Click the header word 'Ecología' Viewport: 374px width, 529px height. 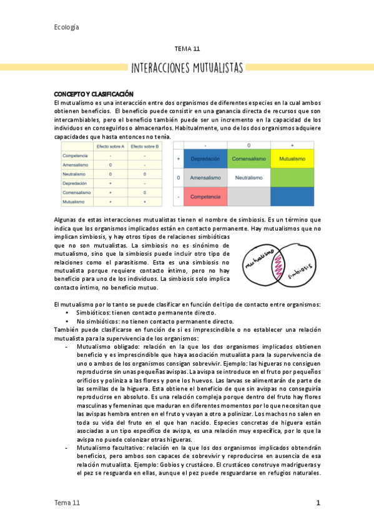67,27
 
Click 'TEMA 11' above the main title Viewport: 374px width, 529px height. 187,48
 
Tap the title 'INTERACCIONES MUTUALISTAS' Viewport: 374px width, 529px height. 187,67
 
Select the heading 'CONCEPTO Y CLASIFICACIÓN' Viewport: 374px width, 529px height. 94,94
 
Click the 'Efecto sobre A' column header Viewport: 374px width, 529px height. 110,146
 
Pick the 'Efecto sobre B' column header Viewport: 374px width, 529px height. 144,146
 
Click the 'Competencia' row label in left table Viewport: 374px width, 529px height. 76,155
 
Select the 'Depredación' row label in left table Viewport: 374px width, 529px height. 75,183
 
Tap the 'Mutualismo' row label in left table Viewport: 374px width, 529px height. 74,202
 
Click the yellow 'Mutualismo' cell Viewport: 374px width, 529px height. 292,159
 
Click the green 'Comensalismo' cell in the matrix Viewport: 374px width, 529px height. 249,159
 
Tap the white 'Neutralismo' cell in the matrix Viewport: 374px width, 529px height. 249,178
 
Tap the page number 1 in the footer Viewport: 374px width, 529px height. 318,503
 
